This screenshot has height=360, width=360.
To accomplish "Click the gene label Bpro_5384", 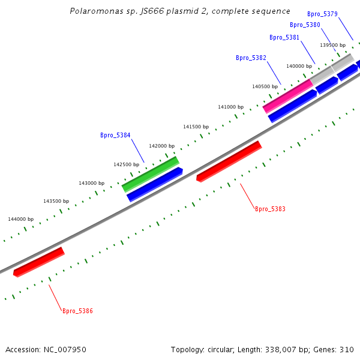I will tap(115, 136).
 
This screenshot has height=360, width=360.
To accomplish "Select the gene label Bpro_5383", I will tap(270, 209).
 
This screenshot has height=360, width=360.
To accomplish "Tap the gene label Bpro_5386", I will tap(77, 311).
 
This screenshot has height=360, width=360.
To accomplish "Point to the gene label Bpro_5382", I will tap(251, 58).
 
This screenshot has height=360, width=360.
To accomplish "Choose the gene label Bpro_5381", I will tap(284, 37).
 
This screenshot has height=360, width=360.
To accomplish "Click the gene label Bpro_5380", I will tap(305, 25).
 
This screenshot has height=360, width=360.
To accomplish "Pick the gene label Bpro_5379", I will tap(322, 14).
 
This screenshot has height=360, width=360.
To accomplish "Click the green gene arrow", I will tap(150, 174).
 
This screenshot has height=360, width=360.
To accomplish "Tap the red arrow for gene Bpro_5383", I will tap(229, 161).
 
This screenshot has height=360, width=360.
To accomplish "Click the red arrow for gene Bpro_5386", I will tap(38, 262).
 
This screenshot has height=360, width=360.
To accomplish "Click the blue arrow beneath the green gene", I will tap(154, 184).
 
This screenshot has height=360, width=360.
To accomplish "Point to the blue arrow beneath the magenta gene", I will tap(292, 106).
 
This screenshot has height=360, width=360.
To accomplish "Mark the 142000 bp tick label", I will tap(161, 146).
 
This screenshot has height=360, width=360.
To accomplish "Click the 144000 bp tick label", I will tap(21, 219).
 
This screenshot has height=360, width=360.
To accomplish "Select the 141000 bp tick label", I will tap(230, 107).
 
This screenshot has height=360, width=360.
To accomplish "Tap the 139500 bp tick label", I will tap(332, 45).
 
